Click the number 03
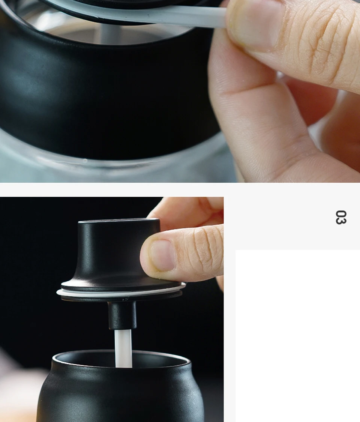tap(341, 217)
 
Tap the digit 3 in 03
tap(341, 221)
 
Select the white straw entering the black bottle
tap(123, 348)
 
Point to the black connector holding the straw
tap(122, 315)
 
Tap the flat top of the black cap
tap(118, 222)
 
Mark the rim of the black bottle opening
tap(121, 359)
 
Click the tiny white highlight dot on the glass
tap(85, 161)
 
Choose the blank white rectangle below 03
tap(298, 336)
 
